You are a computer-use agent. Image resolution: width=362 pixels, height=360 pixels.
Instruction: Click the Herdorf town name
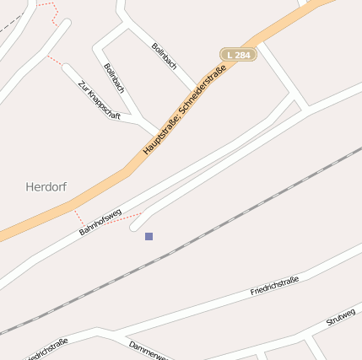tap(46, 186)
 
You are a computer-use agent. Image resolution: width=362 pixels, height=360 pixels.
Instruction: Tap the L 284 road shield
tap(238, 55)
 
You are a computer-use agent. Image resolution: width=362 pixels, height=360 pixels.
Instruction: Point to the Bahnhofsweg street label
tap(100, 222)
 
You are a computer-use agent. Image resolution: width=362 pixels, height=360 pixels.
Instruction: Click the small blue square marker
tap(149, 236)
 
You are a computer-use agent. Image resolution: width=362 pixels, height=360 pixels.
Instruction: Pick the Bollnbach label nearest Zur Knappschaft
tap(114, 77)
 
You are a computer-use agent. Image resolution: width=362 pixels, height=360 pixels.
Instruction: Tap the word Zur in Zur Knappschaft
tap(82, 85)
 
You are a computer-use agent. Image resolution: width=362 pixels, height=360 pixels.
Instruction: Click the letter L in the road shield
tap(230, 55)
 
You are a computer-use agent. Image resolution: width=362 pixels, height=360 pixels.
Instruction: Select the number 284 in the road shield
tap(243, 55)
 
